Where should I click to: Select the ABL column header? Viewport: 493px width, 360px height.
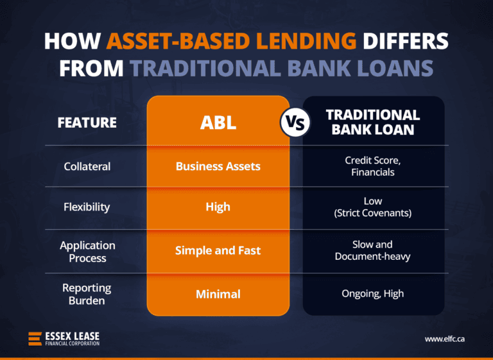(x=218, y=123)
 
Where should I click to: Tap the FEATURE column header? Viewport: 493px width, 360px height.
(x=87, y=122)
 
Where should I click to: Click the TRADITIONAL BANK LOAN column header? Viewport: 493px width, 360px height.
(x=372, y=122)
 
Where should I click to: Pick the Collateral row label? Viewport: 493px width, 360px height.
(x=87, y=166)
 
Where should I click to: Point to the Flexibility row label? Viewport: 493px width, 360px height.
(x=87, y=207)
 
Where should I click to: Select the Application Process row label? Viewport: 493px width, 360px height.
(x=87, y=252)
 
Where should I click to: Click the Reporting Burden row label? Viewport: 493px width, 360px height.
(x=87, y=294)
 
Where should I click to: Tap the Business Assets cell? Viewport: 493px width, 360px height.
(x=218, y=166)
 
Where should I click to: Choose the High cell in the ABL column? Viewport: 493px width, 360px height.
(x=218, y=207)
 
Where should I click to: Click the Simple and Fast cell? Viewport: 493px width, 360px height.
(x=218, y=250)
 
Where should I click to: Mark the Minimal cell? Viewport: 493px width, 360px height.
(x=218, y=294)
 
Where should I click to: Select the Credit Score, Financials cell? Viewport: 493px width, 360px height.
(x=372, y=166)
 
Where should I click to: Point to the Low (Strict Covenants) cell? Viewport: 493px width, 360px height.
(x=372, y=207)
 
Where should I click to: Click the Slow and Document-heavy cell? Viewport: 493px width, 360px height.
(x=372, y=250)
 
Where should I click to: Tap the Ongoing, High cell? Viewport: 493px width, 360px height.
(x=372, y=294)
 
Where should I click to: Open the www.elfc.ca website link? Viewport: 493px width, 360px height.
(x=444, y=338)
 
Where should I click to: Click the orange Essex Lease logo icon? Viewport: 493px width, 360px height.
(x=35, y=338)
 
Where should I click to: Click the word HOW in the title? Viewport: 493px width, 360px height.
(x=72, y=42)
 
